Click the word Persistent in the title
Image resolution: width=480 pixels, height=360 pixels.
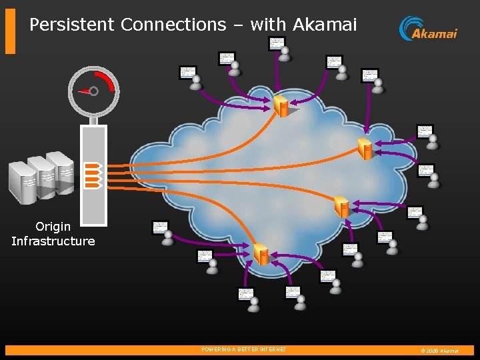pos(72,25)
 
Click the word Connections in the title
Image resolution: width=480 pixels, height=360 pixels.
pos(173,25)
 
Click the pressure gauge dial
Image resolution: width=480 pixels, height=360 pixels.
pos(94,91)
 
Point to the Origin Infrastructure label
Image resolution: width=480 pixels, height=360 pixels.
pos(53,234)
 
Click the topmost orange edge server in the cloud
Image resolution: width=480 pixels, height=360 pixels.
pos(281,106)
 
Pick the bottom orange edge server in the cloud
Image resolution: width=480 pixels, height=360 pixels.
pos(261,253)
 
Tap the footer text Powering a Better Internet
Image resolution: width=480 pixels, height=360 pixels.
pos(243,349)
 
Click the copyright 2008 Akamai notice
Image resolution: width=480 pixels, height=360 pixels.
pos(439,350)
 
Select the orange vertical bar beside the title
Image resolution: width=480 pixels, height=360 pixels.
pos(10,31)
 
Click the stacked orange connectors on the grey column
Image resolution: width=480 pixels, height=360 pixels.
pos(93,175)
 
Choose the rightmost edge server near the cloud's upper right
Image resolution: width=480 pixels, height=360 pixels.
pos(365,148)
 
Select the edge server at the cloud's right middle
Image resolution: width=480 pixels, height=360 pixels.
pos(342,207)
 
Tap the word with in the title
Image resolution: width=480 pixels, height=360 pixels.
pos(268,25)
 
